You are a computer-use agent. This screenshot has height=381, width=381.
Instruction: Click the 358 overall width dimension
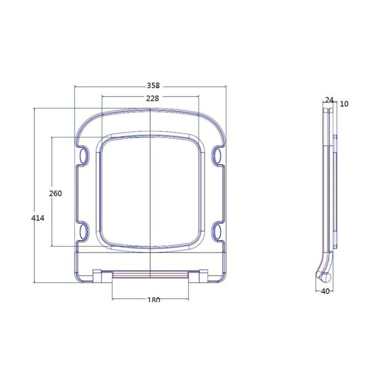(x=152, y=86)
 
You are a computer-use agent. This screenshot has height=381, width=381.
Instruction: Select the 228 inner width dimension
(x=152, y=98)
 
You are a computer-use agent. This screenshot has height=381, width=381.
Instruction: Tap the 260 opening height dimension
(x=56, y=193)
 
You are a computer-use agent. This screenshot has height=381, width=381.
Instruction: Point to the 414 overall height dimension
(x=38, y=217)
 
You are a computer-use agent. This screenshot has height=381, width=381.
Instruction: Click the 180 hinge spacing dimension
(x=152, y=300)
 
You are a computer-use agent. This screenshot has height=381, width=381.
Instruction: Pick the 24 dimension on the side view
(x=329, y=100)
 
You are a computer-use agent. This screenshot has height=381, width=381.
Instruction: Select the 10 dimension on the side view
(x=344, y=104)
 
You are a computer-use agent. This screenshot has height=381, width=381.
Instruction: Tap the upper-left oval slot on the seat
(x=83, y=155)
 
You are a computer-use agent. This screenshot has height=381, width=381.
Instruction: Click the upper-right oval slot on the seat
(x=218, y=155)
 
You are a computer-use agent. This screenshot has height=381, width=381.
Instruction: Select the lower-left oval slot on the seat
(x=83, y=230)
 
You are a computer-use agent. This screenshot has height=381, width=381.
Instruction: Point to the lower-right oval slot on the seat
(x=218, y=230)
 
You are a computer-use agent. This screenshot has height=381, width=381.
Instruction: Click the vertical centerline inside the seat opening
(x=151, y=193)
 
